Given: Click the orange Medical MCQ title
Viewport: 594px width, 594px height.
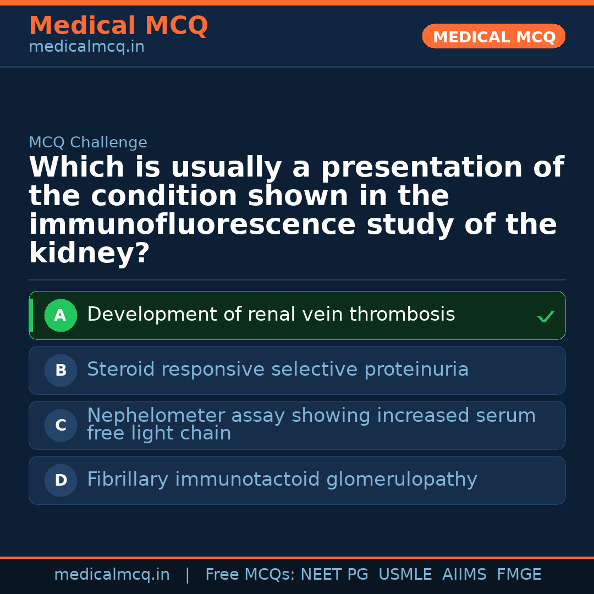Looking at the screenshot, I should [x=118, y=26].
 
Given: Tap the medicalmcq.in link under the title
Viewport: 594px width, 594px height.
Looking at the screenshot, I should [x=86, y=47].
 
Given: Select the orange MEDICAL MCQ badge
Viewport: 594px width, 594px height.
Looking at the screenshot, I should [x=494, y=37].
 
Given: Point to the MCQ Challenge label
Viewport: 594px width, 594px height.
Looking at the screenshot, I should [x=88, y=143].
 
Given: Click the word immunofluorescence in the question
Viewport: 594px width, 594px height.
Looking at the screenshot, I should [x=193, y=226].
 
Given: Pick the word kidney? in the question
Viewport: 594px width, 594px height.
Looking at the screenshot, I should [x=89, y=254].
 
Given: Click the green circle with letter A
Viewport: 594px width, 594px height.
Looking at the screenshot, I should [x=61, y=316].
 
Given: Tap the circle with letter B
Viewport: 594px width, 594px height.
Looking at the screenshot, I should [x=61, y=371].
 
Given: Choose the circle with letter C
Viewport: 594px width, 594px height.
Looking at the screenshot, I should [x=61, y=426].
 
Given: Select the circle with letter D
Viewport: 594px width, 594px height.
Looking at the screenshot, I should [x=61, y=481].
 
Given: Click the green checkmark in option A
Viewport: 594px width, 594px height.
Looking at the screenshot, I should [x=546, y=316].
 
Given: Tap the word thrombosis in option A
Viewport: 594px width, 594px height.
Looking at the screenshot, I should [x=402, y=315].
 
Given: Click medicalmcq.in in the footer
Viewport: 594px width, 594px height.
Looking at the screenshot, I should [x=112, y=575].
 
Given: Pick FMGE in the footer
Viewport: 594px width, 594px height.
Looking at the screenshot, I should [x=519, y=575].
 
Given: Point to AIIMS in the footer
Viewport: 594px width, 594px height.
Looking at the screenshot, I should [x=464, y=575].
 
